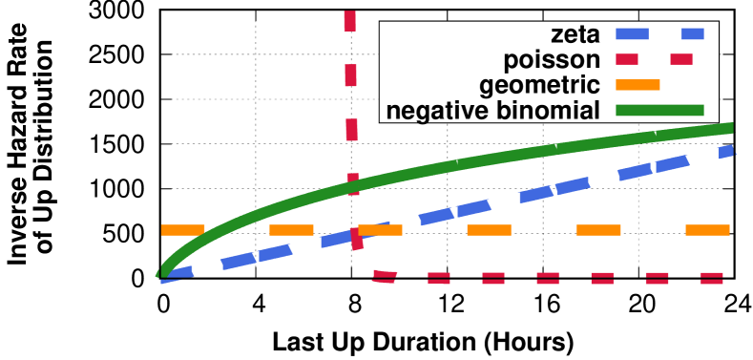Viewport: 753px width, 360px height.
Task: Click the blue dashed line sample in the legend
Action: point(659,34)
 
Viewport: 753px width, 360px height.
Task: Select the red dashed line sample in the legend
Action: point(654,59)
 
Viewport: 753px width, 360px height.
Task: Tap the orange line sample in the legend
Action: point(638,85)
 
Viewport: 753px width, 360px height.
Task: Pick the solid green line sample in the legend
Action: point(659,111)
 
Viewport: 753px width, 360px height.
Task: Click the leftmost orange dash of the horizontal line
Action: point(183,230)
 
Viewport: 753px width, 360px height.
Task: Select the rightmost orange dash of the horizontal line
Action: point(707,230)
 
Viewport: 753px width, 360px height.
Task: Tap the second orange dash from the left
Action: point(291,230)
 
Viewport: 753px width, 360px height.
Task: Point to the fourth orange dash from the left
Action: point(489,230)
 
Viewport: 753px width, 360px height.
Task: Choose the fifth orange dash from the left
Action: point(598,230)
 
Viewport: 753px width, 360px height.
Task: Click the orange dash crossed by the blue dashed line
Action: point(380,230)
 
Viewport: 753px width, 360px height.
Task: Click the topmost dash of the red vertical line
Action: point(350,21)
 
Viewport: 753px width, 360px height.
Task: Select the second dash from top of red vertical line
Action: point(350,75)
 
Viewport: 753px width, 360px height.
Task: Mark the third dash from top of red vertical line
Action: point(351,130)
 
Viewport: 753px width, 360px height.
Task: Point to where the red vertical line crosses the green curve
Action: point(353,185)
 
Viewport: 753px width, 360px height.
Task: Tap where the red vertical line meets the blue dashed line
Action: point(356,236)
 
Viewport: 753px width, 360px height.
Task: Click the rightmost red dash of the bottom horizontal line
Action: point(712,278)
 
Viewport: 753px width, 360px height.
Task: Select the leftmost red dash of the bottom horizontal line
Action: point(385,277)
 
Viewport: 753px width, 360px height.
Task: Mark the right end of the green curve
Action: point(731,128)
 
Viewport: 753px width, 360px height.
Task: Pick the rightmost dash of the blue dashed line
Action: point(726,151)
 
